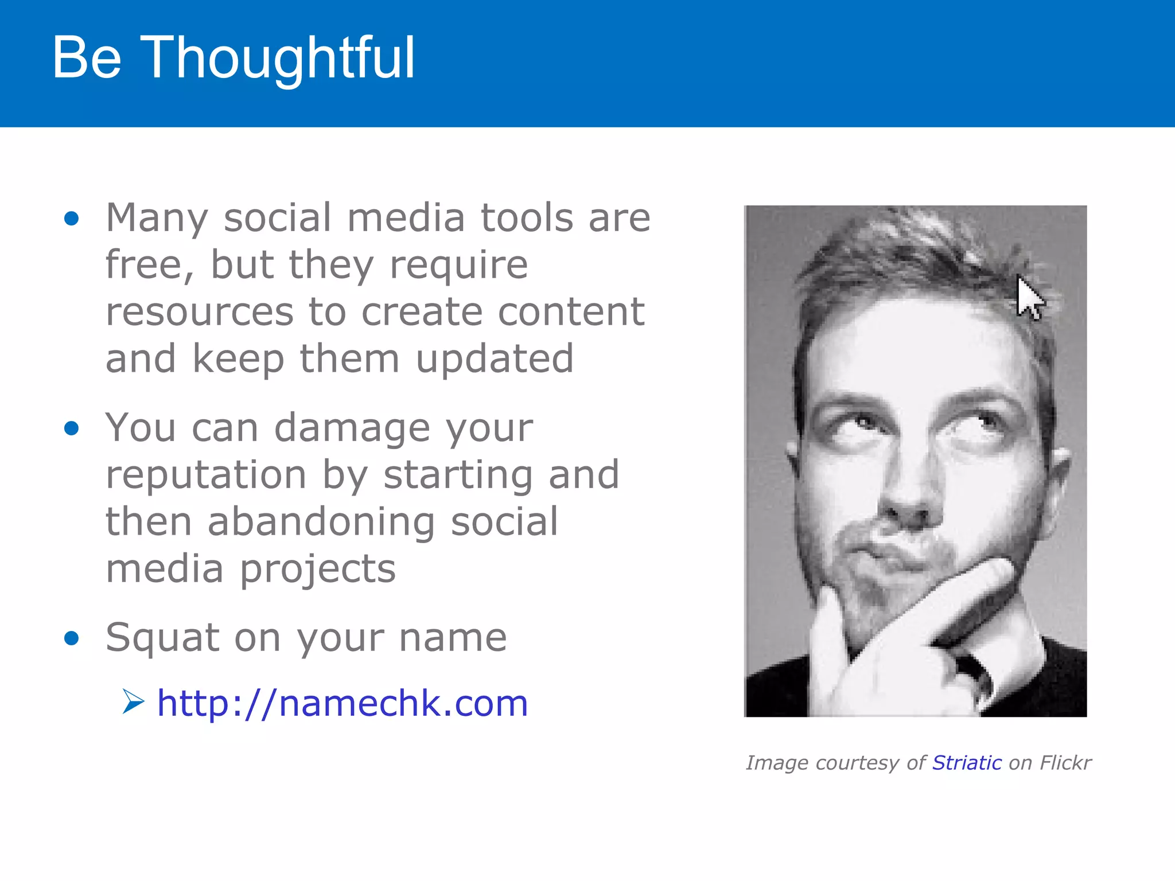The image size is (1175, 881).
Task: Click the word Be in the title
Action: [x=86, y=59]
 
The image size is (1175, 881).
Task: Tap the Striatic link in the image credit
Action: [x=967, y=763]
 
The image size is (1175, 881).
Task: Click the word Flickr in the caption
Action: [x=1065, y=763]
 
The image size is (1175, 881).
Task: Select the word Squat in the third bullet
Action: [x=162, y=638]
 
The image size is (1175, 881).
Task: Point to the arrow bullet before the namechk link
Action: [x=133, y=702]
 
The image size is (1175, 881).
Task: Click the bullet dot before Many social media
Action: [x=72, y=219]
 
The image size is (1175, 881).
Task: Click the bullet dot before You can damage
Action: [x=72, y=428]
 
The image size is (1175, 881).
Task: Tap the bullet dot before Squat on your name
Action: [x=72, y=638]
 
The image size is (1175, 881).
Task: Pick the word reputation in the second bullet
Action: [x=206, y=475]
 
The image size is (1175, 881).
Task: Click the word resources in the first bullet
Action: [x=200, y=313]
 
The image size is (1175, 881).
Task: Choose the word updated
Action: [x=494, y=360]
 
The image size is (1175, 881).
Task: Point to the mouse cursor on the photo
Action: [x=1028, y=297]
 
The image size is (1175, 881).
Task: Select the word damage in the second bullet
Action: [x=352, y=428]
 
